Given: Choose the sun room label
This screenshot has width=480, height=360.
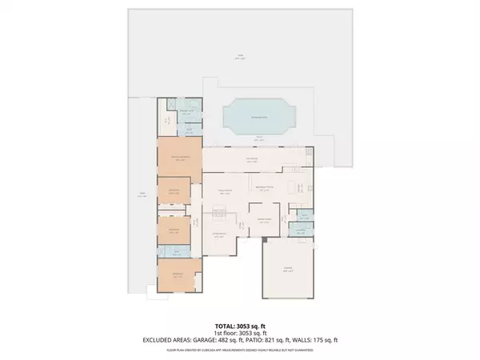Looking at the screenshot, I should tap(251, 158).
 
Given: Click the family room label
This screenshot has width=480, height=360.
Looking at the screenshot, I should tap(226, 190).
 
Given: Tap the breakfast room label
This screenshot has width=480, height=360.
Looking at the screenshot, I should tap(265, 189).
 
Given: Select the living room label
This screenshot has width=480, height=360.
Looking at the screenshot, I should tap(220, 235).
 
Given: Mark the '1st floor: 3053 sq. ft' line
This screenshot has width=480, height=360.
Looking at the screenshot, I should tap(239, 334).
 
